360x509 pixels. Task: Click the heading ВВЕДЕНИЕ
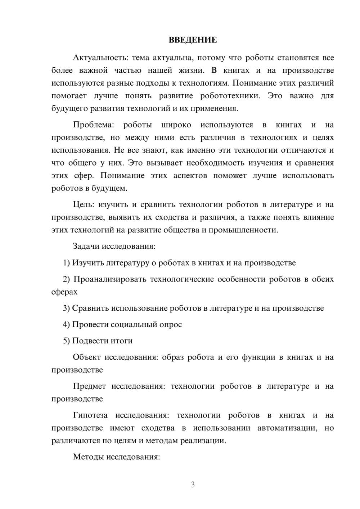(x=193, y=40)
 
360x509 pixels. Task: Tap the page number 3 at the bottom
(x=193, y=485)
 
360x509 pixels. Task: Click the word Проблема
(x=93, y=125)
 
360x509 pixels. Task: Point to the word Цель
(x=83, y=204)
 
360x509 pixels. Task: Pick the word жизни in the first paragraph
(x=191, y=70)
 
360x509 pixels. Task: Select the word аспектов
(x=190, y=176)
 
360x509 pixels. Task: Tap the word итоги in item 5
(x=122, y=341)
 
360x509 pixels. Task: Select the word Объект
(x=87, y=357)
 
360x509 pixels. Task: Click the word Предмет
(x=89, y=386)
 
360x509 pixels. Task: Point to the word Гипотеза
(x=90, y=415)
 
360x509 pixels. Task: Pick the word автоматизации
(x=287, y=428)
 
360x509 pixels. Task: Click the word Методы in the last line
(x=87, y=457)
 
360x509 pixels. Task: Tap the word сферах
(x=64, y=292)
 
